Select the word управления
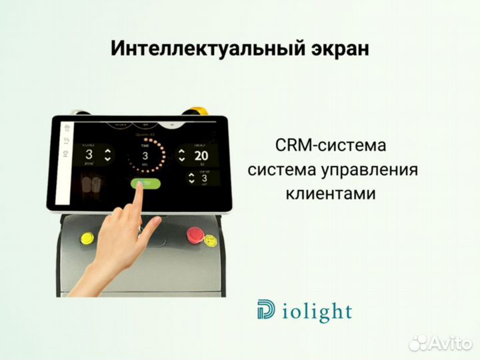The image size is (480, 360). point(376,170)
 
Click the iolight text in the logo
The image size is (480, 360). point(315,311)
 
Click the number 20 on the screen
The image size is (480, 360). point(201,156)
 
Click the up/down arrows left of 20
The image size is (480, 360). point(181,156)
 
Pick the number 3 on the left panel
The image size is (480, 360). point(89,155)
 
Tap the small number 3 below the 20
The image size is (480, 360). point(205,178)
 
